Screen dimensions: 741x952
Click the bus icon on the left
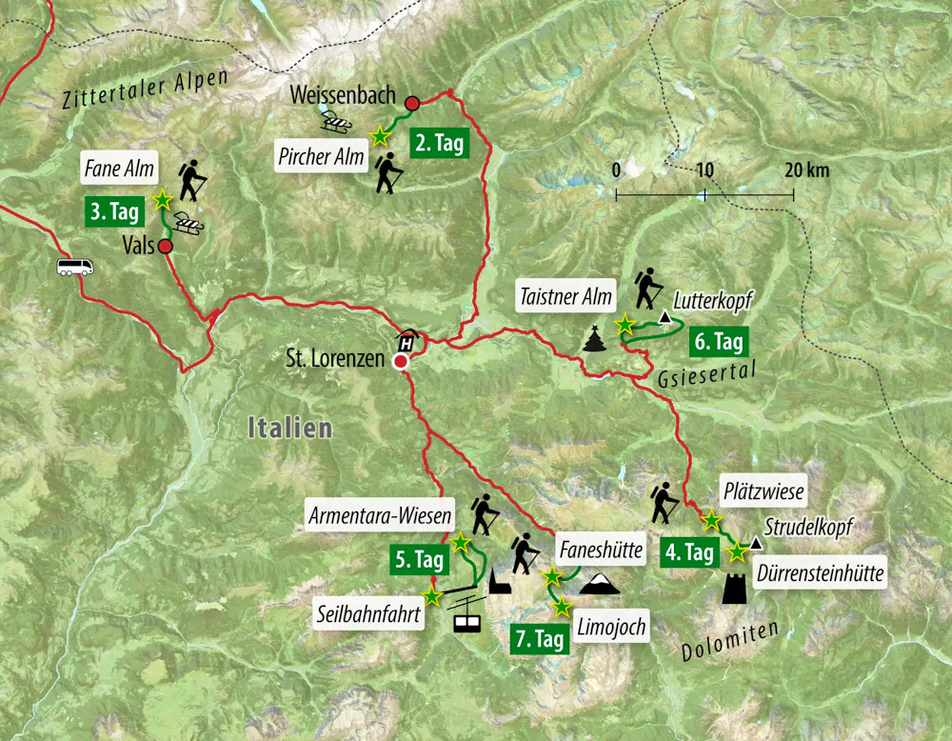(x=75, y=267)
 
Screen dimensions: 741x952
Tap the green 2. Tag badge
(x=439, y=144)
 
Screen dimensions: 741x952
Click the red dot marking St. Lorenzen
(x=402, y=362)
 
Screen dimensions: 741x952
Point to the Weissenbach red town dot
(x=412, y=103)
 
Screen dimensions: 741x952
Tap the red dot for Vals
(x=165, y=247)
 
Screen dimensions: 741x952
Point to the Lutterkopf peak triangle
(x=664, y=315)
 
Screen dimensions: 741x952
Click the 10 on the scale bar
(x=704, y=170)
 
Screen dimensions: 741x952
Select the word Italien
(x=289, y=428)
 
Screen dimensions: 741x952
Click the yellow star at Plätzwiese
(x=710, y=520)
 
